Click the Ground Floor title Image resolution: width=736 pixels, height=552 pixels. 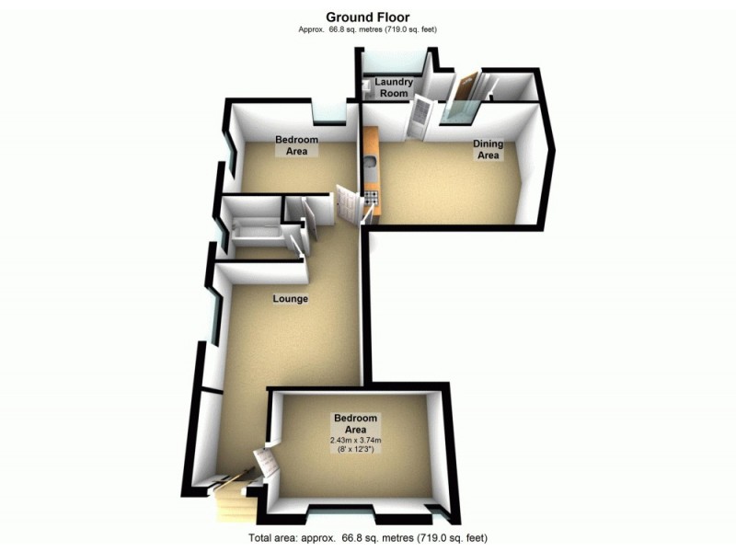(x=367, y=17)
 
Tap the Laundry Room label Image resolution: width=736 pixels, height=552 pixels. (x=394, y=87)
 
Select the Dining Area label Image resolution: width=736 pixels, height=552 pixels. (x=487, y=149)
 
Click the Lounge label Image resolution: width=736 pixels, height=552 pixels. (x=290, y=299)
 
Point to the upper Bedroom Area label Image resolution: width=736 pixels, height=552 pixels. (x=296, y=145)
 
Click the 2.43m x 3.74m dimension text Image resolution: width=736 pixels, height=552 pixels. (x=355, y=441)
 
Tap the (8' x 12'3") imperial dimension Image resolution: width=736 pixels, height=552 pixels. (x=355, y=451)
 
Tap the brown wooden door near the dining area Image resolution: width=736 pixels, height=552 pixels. (x=465, y=92)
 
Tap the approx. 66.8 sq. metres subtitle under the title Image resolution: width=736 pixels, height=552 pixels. (x=367, y=29)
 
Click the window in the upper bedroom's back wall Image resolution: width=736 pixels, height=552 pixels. (x=328, y=113)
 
